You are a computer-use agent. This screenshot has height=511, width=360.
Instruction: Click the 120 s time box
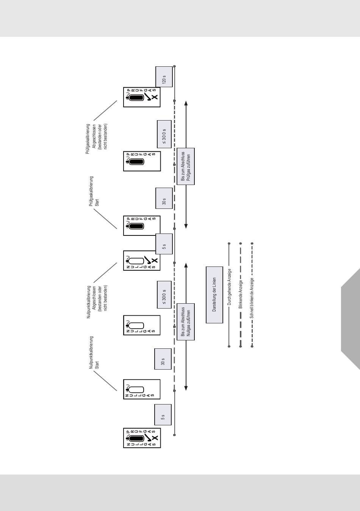[x=164, y=77]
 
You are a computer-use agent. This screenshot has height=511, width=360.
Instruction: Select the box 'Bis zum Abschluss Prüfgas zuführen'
[x=186, y=166]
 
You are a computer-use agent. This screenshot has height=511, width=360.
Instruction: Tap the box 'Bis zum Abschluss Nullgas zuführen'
[x=186, y=322]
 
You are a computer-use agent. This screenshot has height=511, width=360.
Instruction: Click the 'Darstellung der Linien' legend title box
[x=214, y=295]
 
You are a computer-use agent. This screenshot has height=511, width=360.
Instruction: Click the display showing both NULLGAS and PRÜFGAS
[x=142, y=438]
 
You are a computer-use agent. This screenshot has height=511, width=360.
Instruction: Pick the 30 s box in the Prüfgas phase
[x=164, y=198]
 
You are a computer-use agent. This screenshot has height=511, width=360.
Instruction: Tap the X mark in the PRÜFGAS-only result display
[x=154, y=97]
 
